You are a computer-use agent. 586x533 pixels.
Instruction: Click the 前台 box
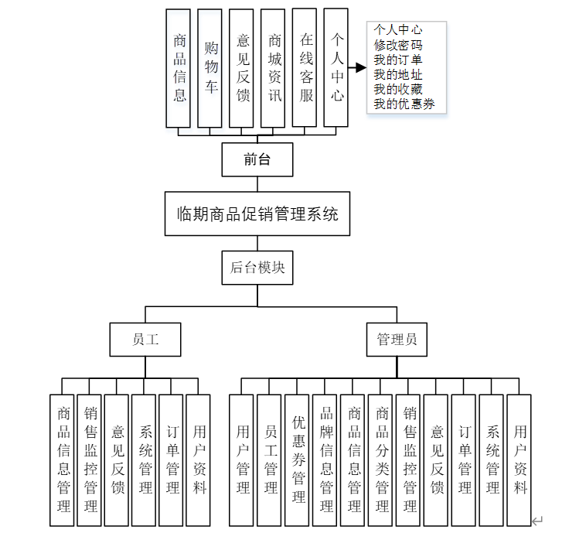point(257,159)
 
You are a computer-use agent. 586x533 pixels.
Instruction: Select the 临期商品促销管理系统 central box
point(257,214)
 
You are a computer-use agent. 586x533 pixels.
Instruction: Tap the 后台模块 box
point(257,268)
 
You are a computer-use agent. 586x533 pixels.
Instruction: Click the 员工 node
point(145,339)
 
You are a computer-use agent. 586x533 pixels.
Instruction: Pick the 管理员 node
point(397,339)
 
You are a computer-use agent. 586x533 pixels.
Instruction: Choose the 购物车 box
point(211,68)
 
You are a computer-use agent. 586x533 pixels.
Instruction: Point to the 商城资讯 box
point(274,68)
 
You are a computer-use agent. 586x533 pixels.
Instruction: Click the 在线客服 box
point(306,68)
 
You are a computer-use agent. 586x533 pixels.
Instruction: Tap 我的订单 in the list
point(398,60)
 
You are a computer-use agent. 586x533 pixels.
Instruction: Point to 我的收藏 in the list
point(398,90)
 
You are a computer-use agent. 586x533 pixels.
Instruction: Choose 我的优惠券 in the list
point(404,104)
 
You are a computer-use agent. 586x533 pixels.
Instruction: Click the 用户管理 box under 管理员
point(243,460)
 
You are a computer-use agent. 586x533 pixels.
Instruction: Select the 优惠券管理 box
point(298,460)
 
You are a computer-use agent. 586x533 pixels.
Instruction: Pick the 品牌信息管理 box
point(326,460)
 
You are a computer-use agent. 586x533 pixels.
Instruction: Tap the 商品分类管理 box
point(382,460)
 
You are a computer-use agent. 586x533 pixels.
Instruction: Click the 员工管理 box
point(271,460)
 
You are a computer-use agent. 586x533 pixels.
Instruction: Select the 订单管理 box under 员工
point(172,460)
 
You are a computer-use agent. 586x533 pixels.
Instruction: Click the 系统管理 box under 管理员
point(492,460)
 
